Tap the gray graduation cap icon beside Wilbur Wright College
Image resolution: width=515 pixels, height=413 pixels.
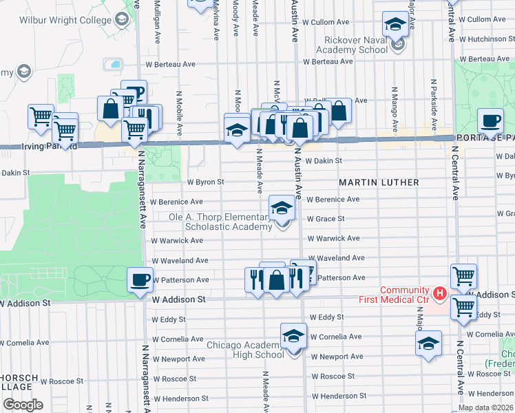pos(123,19)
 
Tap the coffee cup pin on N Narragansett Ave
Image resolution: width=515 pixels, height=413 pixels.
pos(140,279)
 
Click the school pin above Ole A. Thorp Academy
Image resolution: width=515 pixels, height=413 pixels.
pos(282,207)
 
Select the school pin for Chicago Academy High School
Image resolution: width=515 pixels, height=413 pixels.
pos(294,337)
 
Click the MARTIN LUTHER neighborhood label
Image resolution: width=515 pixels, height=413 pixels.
pos(379,182)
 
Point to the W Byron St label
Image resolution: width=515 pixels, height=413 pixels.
pos(206,182)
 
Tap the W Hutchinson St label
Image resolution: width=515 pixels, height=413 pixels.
pos(486,39)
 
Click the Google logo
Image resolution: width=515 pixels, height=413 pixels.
pos(23,404)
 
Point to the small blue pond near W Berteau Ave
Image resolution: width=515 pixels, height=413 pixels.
pos(112,65)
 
